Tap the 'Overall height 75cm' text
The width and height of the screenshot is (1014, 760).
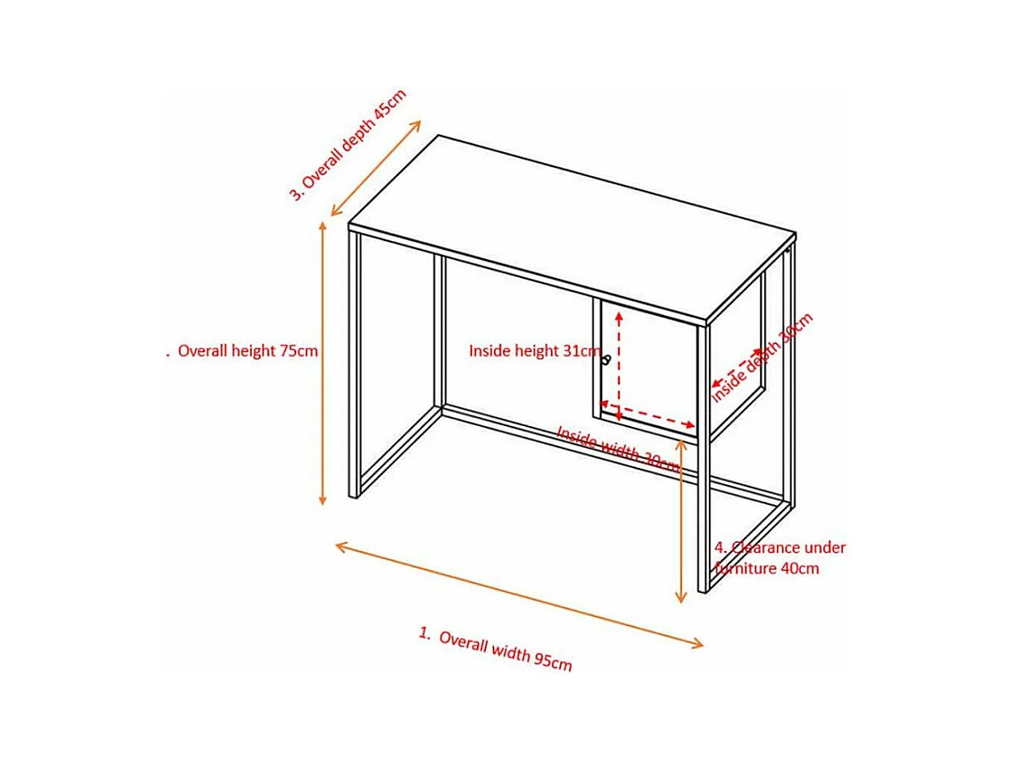(x=248, y=350)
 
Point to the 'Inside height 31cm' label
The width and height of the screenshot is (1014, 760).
(x=535, y=350)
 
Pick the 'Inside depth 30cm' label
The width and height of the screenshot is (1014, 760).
(x=762, y=357)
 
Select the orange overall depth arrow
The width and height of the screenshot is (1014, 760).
(x=376, y=168)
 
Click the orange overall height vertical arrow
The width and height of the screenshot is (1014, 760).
(x=323, y=363)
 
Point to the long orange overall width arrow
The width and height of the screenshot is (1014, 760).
(x=519, y=595)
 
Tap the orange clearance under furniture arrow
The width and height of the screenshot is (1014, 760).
(x=680, y=521)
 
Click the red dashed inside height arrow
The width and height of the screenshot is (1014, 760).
(x=619, y=365)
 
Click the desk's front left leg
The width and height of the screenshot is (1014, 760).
(x=354, y=364)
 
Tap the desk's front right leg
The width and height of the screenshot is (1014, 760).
(x=704, y=459)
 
